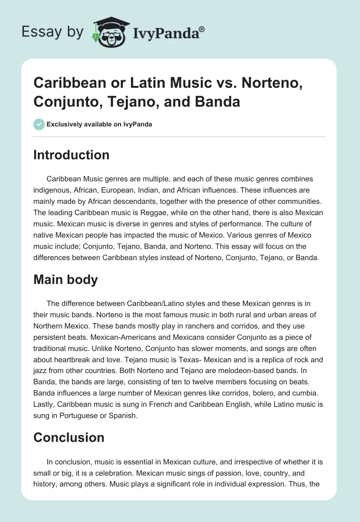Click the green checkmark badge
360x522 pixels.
click(x=39, y=124)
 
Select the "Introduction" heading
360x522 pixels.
click(x=72, y=155)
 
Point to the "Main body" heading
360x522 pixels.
click(x=66, y=279)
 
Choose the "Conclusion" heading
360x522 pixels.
click(x=69, y=437)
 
